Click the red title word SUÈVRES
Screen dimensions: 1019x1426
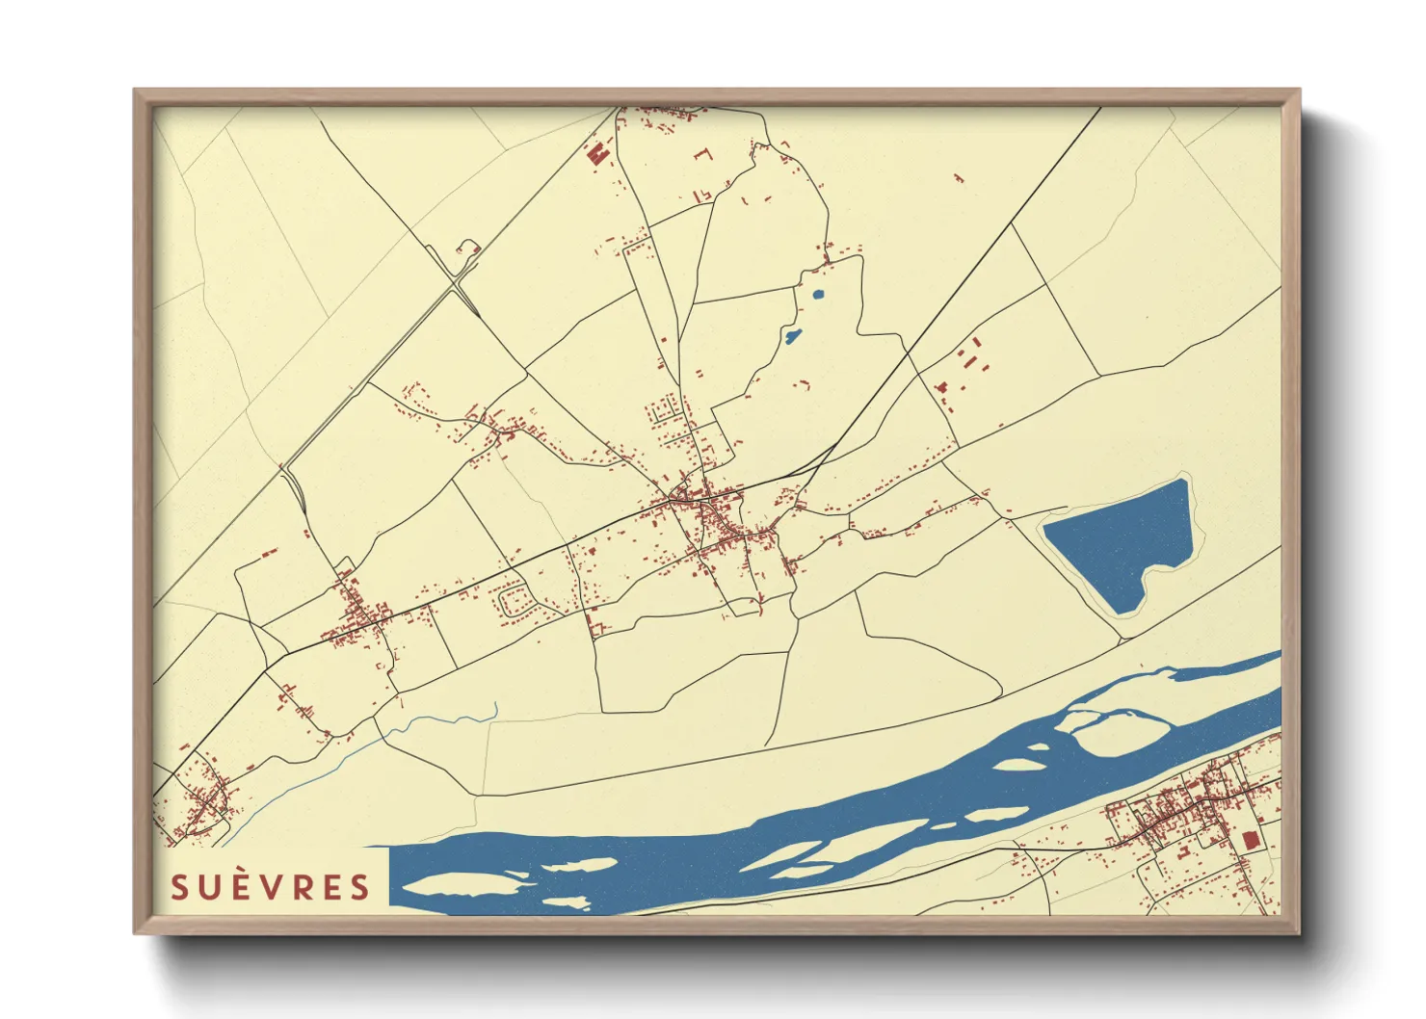271,887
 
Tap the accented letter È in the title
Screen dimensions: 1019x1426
243,886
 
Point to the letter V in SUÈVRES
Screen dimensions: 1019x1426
273,887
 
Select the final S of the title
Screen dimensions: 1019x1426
360,887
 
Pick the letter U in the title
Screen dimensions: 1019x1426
211,887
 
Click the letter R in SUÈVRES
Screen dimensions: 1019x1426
302,887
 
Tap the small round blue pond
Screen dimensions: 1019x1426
819,295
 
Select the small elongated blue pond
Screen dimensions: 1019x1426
793,336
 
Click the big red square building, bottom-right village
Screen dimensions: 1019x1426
1252,841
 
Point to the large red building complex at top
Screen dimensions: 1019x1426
597,154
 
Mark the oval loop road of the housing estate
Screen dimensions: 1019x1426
515,602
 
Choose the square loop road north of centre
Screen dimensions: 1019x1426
664,412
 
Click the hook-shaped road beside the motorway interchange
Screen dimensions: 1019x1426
468,248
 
